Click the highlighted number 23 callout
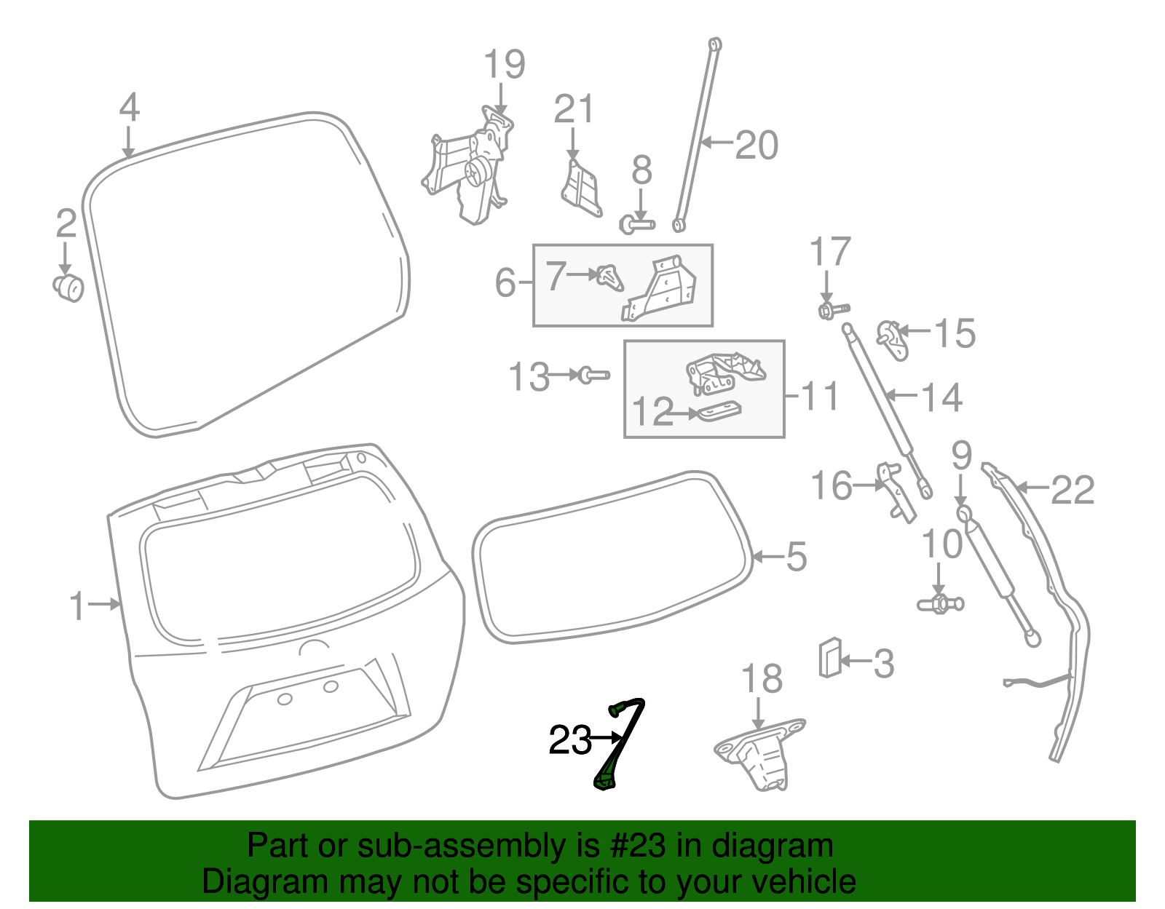coord(570,740)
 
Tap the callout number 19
coord(505,65)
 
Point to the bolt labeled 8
coord(637,224)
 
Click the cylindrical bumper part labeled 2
coord(68,287)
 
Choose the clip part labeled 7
coord(609,277)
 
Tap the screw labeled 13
coord(594,376)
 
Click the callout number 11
coord(820,397)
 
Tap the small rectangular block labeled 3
coord(830,656)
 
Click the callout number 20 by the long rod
coord(757,146)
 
